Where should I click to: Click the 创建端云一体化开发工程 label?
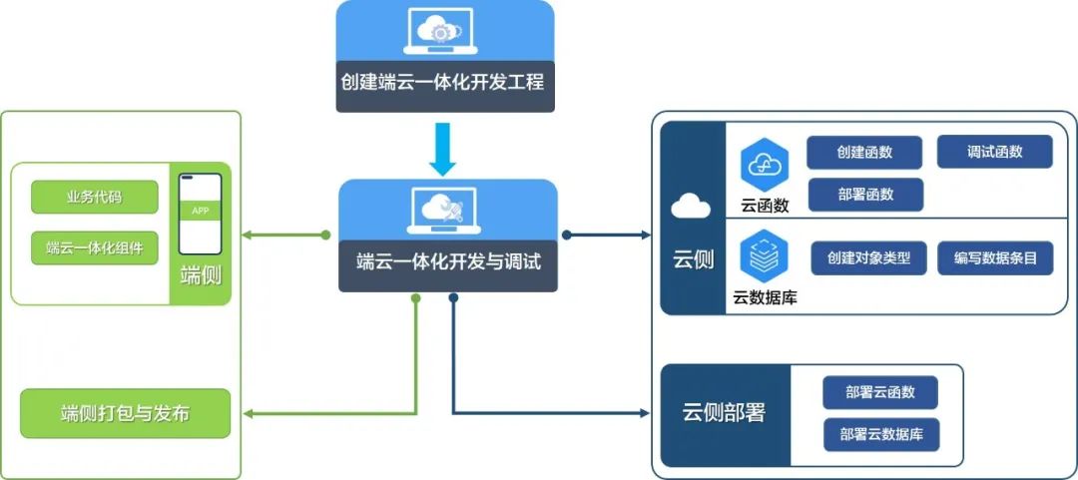445,83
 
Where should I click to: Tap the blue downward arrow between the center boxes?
445,147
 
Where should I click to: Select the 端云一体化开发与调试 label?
448,263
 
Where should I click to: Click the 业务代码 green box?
95,197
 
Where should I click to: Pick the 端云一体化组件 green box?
95,246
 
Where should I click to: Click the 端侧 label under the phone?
201,276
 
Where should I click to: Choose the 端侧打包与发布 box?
125,413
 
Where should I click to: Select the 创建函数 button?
864,153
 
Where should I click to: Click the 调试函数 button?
994,152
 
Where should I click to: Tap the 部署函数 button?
864,195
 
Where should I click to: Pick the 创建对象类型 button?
869,257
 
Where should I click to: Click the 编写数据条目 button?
994,257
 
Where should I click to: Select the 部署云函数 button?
879,392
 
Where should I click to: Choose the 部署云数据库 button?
879,435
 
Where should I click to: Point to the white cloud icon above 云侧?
691,207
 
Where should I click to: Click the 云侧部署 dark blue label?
725,412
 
